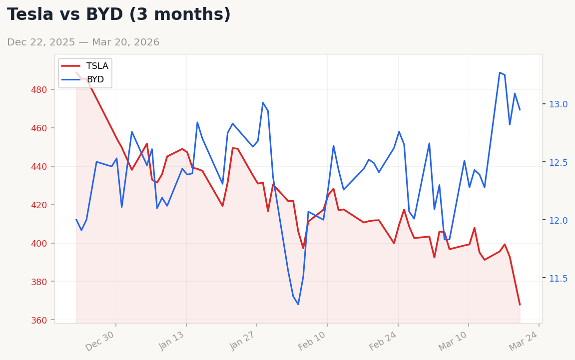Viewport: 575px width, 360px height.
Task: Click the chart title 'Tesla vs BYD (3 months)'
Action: point(119,15)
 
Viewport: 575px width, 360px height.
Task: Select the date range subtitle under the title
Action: point(83,42)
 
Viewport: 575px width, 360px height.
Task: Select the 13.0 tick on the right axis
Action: point(558,104)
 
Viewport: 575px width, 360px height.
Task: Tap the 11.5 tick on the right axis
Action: point(558,279)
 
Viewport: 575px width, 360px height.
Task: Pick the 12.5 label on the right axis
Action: point(558,162)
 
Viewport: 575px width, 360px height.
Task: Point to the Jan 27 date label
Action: point(243,341)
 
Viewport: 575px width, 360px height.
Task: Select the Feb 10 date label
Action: point(313,341)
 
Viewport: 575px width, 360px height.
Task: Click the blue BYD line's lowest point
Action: point(298,304)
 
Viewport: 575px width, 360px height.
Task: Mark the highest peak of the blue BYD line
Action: point(500,72)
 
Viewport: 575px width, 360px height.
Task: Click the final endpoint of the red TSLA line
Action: point(520,304)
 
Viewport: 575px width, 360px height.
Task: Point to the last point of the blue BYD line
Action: point(520,109)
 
